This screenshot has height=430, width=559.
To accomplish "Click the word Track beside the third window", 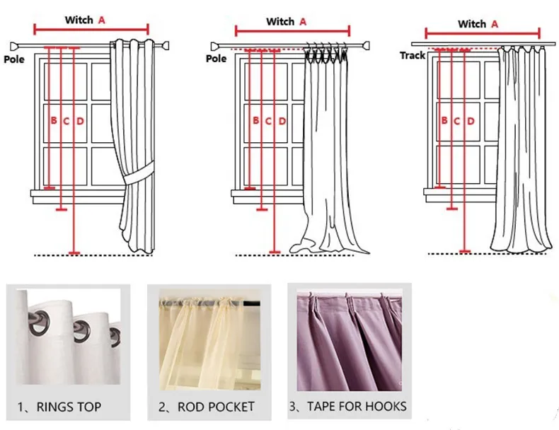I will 413,55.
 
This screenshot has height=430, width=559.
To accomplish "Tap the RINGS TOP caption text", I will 59,407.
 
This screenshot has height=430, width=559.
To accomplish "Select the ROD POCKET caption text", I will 207,407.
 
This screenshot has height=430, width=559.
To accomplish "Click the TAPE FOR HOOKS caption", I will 347,406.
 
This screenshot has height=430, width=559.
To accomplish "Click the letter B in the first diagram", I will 53,121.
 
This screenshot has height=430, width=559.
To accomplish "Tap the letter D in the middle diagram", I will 282,121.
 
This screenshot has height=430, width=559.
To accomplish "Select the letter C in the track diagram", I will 457,121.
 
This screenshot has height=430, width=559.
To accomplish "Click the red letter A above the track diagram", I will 495,24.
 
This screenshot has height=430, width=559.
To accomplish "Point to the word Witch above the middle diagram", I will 280,22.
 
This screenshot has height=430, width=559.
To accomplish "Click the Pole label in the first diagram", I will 14,59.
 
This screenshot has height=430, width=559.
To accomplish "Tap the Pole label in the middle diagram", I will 217,59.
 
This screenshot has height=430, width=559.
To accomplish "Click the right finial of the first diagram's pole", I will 167,47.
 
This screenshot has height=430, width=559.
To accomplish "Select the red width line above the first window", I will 91,30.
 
